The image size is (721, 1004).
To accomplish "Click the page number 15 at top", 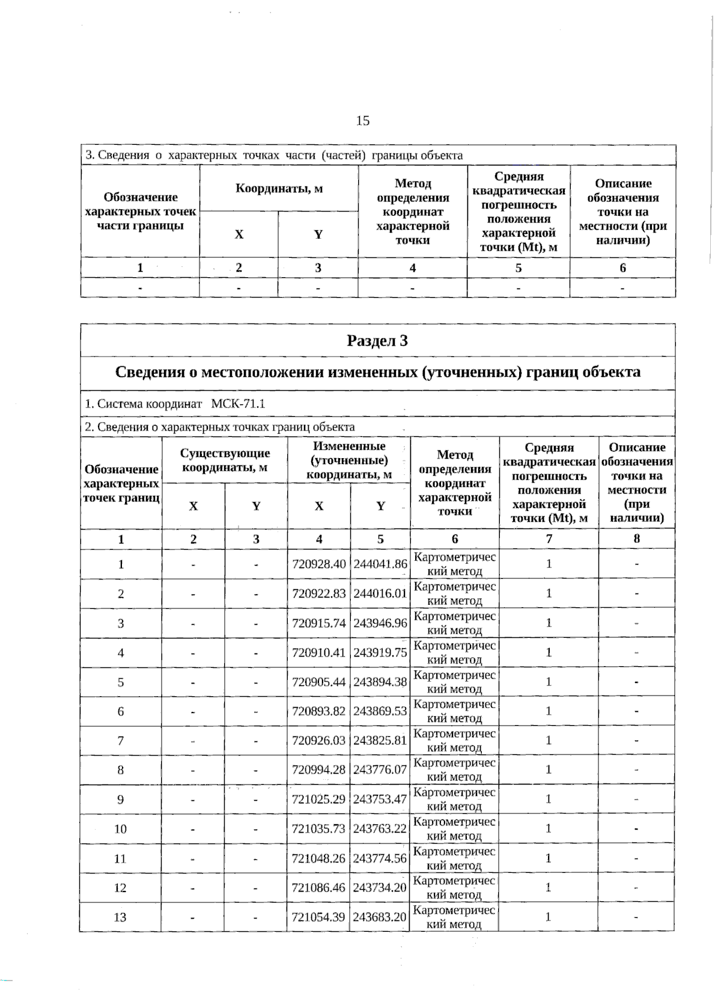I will [x=362, y=121].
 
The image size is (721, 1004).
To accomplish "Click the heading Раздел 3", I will [x=377, y=341].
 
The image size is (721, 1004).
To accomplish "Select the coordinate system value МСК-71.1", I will [x=238, y=403].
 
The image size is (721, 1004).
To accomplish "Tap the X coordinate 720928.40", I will [x=318, y=564].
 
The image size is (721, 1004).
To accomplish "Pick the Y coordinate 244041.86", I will [x=380, y=564].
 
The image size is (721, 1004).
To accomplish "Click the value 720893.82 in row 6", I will [x=318, y=711].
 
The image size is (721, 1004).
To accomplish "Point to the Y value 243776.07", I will [x=380, y=770].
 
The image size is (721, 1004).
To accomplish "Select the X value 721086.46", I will [x=318, y=887].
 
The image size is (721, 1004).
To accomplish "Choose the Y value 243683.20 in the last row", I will [x=380, y=917].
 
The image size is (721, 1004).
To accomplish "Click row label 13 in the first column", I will [x=120, y=917].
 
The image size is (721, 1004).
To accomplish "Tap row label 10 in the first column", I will [x=120, y=828].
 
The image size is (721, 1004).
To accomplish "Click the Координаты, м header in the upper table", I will [x=279, y=188].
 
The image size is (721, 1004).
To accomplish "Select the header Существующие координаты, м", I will [x=225, y=460].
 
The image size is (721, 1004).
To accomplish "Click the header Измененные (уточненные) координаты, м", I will [x=349, y=460].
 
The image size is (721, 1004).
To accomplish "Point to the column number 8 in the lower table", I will [x=636, y=539].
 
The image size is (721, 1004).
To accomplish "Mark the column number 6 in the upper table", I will [x=622, y=268].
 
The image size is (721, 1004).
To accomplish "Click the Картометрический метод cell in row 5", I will [x=454, y=682].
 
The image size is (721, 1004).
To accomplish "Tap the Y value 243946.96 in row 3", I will [x=380, y=623].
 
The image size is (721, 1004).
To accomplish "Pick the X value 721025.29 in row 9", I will [x=318, y=799].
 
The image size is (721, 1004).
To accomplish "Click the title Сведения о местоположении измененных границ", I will [x=377, y=372].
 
